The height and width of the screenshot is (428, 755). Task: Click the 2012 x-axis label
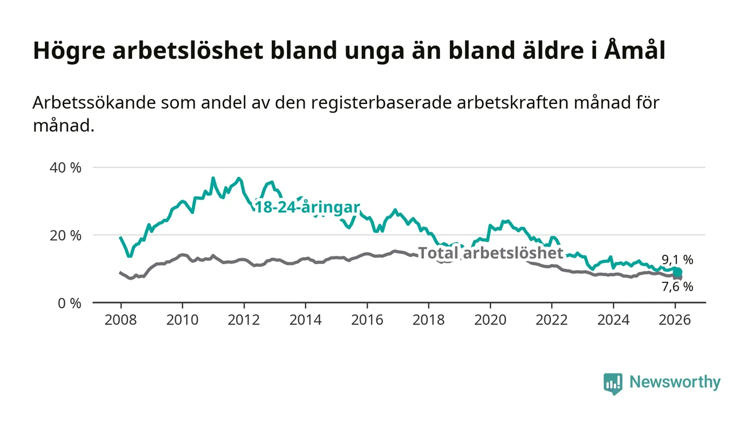pyautogui.click(x=244, y=320)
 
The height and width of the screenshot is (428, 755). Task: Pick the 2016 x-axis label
pyautogui.click(x=367, y=320)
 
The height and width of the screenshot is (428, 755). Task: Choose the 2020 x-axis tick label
pyautogui.click(x=490, y=320)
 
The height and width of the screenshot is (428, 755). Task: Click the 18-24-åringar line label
pyautogui.click(x=307, y=208)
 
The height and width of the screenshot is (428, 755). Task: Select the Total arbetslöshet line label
pyautogui.click(x=491, y=253)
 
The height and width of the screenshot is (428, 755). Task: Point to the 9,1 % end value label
pyautogui.click(x=677, y=260)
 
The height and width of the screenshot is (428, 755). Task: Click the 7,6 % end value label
pyautogui.click(x=677, y=287)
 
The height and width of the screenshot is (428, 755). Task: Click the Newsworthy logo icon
pyautogui.click(x=613, y=383)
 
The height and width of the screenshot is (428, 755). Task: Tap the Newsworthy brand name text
pyautogui.click(x=675, y=382)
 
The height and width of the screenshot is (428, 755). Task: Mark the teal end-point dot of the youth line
pyautogui.click(x=678, y=272)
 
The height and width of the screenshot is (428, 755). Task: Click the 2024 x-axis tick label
pyautogui.click(x=613, y=320)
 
